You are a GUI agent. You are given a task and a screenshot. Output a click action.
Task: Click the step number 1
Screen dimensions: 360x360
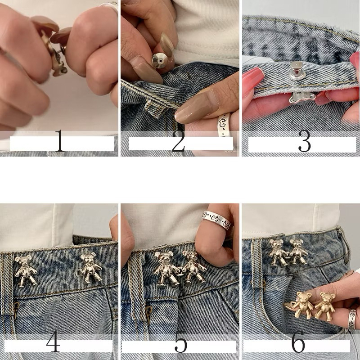(x=59, y=140)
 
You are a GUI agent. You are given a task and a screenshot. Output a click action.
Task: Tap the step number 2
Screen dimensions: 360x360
(x=178, y=141)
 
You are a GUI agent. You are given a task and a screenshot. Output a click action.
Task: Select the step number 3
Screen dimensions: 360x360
(x=305, y=141)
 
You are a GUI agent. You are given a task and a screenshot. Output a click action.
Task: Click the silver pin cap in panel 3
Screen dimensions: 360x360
(x=297, y=70)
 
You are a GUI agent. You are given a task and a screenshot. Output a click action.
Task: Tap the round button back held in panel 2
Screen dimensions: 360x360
(x=160, y=61)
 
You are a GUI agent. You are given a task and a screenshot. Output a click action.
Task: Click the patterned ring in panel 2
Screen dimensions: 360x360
(x=224, y=125)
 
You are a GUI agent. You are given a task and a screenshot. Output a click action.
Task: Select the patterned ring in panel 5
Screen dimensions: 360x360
(x=216, y=220)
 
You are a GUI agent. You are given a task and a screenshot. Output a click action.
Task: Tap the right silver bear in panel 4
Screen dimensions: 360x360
(x=90, y=267)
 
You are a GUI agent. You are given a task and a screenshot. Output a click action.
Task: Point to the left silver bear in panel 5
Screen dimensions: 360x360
(x=166, y=269)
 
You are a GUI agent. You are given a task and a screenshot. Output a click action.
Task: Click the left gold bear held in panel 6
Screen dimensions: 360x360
(x=301, y=305)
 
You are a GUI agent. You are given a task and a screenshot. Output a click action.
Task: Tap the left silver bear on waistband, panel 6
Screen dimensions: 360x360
(x=278, y=252)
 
